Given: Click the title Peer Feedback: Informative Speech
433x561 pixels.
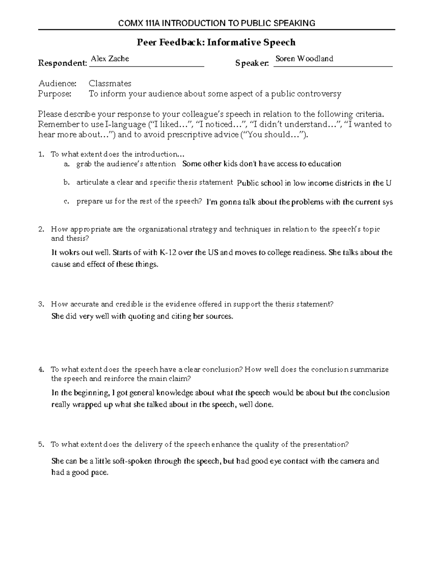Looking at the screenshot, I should [216, 43].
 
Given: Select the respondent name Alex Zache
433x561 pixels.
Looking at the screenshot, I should [110, 59].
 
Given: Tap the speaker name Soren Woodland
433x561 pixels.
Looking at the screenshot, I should [304, 59].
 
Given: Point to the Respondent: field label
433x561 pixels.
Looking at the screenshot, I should [62, 64].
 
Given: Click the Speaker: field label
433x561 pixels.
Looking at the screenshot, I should [252, 64].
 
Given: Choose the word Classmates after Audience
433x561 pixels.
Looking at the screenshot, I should [110, 83].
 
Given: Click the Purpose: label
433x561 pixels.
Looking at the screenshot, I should [55, 94].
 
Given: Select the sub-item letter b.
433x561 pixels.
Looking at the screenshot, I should [66, 182].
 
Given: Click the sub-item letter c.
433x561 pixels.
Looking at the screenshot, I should [66, 202].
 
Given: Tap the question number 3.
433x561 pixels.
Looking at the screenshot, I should [41, 304].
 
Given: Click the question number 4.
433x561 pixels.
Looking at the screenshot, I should [41, 370].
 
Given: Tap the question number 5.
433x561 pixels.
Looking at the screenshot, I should [41, 445].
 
